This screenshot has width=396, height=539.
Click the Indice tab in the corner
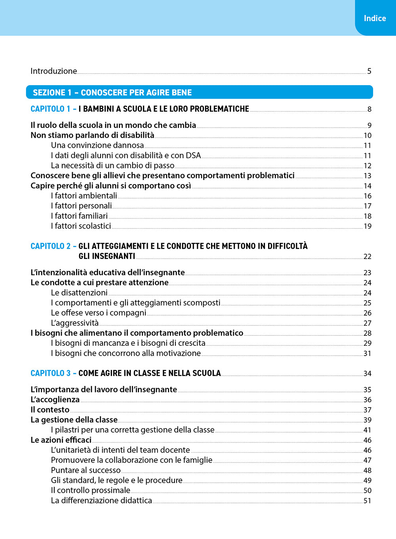375,18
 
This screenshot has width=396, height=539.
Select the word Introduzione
54,71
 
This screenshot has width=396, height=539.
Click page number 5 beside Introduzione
369,71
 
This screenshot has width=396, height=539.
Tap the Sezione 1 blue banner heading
112,93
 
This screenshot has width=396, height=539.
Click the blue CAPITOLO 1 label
50,109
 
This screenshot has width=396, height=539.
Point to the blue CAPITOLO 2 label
50,246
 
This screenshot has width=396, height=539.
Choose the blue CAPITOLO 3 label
50,373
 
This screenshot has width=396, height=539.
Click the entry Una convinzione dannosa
97,145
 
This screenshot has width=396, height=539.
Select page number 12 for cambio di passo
367,166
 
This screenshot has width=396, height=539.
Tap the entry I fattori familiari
79,216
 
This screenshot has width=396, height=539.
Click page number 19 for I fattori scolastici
367,227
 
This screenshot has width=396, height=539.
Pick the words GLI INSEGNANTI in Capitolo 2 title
107,257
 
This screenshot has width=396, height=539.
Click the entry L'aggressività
75,323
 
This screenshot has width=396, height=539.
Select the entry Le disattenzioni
79,293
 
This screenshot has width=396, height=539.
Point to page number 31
367,354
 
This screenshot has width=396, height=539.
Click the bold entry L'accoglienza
55,400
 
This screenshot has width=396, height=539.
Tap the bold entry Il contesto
50,410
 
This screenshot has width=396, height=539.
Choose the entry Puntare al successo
86,470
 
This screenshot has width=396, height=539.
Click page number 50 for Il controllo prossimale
367,491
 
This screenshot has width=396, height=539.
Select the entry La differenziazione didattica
101,501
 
